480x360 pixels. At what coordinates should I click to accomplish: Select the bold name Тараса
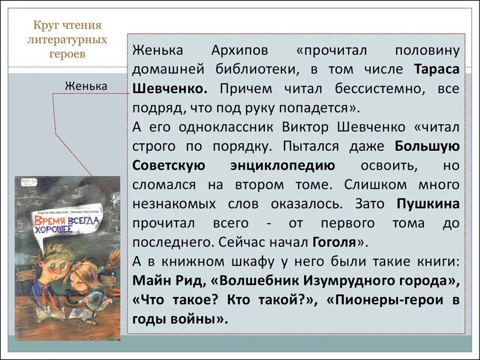point(437,69)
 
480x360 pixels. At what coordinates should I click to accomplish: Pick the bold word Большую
point(427,146)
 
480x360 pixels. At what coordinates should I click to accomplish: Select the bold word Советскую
point(168,165)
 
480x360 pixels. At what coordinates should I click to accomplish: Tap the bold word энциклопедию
point(282,165)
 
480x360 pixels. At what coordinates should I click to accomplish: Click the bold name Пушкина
point(429,203)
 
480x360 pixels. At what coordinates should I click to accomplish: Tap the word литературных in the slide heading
point(67,40)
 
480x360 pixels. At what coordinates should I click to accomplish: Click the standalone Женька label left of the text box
point(86,86)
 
